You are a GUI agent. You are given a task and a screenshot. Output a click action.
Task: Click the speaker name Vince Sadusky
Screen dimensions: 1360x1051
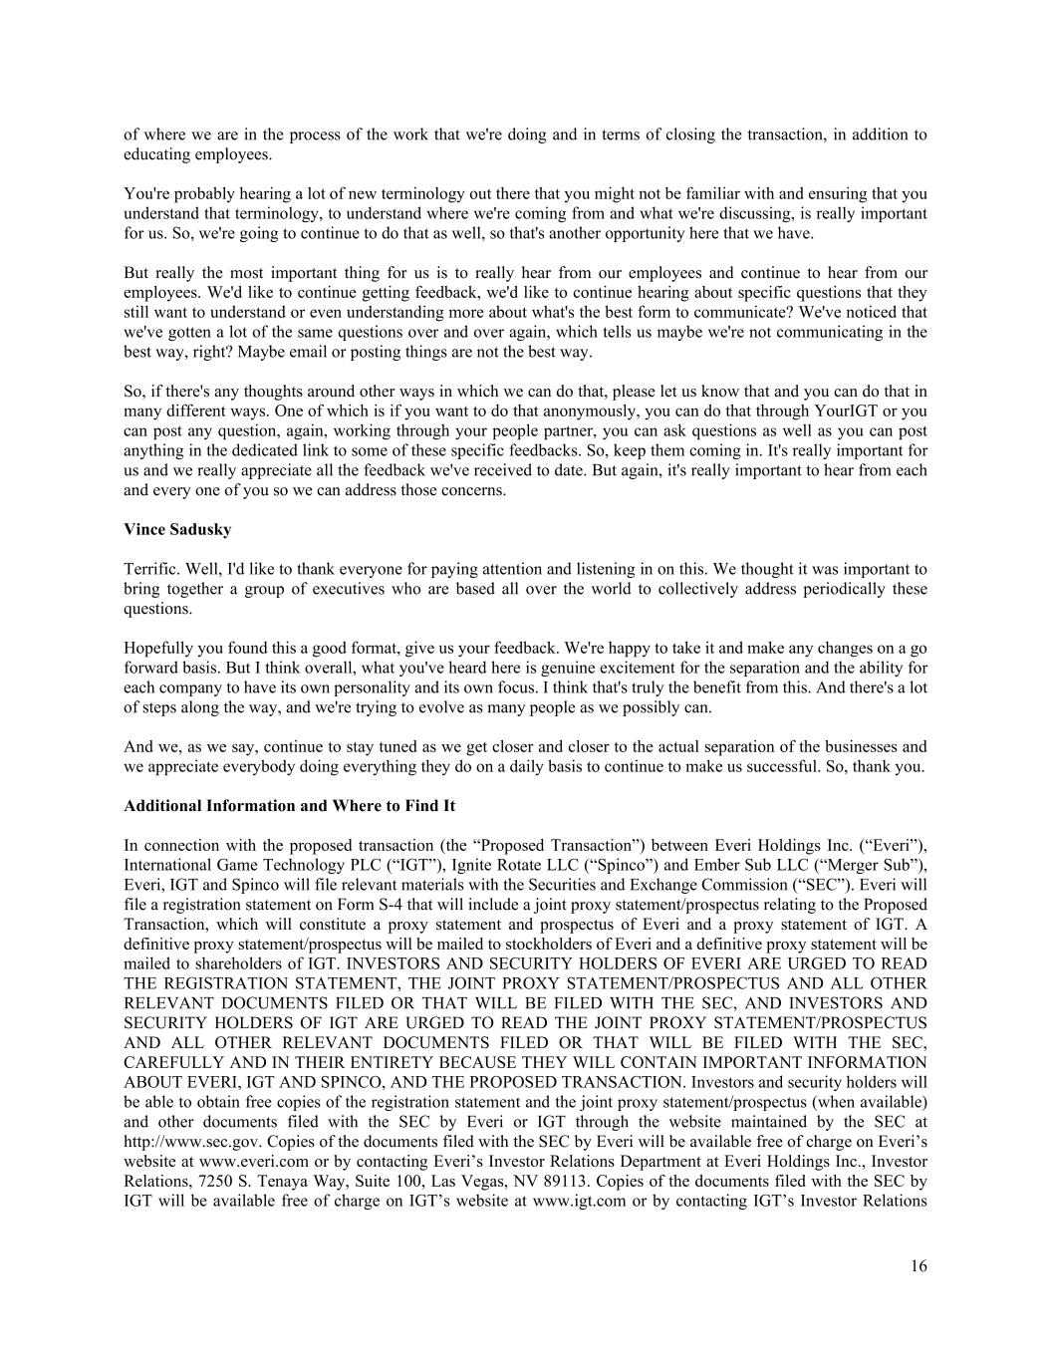pyautogui.click(x=177, y=530)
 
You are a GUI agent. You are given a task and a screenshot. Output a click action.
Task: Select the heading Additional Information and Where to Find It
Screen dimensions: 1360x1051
pyautogui.click(x=289, y=805)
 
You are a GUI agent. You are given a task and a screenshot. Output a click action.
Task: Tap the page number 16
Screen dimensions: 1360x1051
pyautogui.click(x=918, y=1266)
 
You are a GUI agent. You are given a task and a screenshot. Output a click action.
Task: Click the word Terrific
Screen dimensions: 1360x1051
pyautogui.click(x=150, y=570)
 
